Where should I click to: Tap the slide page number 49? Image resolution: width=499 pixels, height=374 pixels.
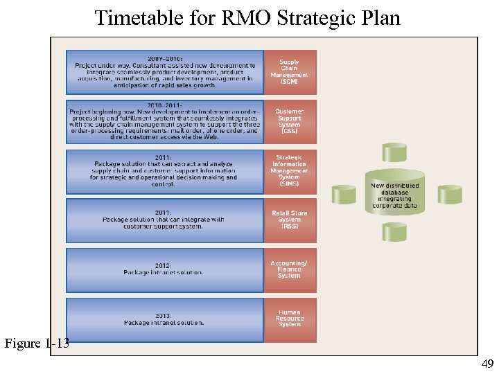pos(488,364)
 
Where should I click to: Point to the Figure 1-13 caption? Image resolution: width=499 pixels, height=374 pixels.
pos(37,344)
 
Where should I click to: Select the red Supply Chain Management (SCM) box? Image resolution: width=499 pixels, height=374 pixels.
pos(289,72)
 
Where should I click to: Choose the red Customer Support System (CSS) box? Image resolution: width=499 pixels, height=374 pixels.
pos(289,121)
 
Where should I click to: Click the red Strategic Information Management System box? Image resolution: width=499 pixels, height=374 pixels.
pos(289,171)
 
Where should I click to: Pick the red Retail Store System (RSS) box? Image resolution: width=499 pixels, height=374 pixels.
pos(289,220)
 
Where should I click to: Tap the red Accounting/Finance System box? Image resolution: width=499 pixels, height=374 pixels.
pos(289,270)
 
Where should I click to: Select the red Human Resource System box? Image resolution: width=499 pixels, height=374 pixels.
pos(289,319)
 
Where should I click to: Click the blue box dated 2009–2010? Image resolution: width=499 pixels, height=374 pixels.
pos(165,72)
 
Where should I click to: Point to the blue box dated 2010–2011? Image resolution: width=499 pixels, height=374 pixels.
pos(165,121)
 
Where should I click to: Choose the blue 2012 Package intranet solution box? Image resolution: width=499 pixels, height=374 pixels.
pos(165,270)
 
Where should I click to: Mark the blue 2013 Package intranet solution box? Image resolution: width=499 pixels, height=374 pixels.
pos(165,319)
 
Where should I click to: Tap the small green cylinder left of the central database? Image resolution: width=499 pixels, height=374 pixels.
pos(344,195)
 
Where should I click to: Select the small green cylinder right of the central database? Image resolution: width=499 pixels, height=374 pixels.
pos(449,195)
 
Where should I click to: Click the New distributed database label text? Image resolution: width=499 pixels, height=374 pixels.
pos(395,196)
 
